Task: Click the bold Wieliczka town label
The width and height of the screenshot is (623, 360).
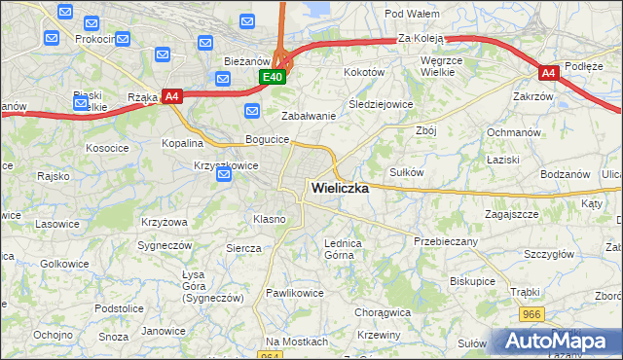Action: pyautogui.click(x=339, y=189)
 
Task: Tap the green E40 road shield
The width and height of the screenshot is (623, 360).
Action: pyautogui.click(x=272, y=77)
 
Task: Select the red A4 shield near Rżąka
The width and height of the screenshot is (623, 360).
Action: pyautogui.click(x=171, y=95)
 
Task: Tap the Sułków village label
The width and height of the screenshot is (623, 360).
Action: pyautogui.click(x=406, y=171)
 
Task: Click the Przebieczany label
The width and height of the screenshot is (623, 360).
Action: pyautogui.click(x=445, y=240)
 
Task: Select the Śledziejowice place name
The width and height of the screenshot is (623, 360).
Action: pyautogui.click(x=381, y=104)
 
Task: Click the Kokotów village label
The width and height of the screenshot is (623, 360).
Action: pyautogui.click(x=365, y=72)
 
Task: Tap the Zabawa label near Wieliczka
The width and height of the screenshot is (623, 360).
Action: pyautogui.click(x=309, y=115)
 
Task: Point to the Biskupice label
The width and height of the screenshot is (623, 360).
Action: pyautogui.click(x=473, y=280)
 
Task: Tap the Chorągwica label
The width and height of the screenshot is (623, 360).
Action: pyautogui.click(x=383, y=313)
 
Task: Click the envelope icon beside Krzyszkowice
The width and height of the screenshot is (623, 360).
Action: pyautogui.click(x=224, y=175)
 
